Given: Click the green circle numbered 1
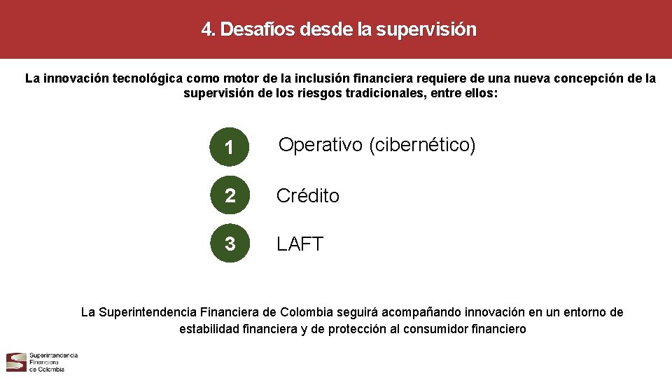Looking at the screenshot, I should coord(228,146).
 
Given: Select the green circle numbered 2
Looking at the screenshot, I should coord(229,196).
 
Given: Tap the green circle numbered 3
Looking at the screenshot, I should coord(229,244).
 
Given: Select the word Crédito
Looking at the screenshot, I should coord(307,196).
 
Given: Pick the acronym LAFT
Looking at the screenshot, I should coord(300,244).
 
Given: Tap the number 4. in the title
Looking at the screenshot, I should coord(209,29).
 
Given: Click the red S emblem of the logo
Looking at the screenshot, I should coord(16,362).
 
